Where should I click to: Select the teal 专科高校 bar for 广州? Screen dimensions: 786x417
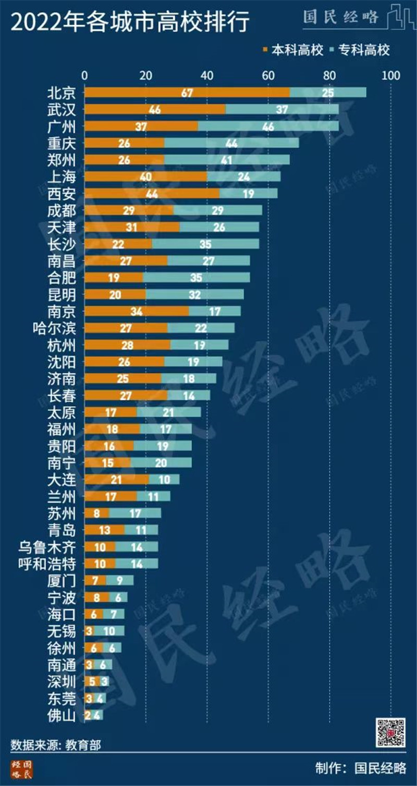(x=268, y=126)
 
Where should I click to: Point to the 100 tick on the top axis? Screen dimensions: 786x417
(x=391, y=76)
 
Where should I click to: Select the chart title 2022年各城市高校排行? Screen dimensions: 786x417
(x=130, y=23)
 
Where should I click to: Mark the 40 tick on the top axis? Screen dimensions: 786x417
(x=207, y=76)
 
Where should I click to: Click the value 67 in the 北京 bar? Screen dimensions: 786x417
(x=188, y=93)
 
